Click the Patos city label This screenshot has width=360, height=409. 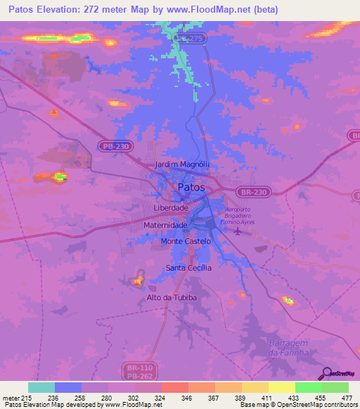[191, 188]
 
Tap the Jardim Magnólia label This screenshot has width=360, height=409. [182, 164]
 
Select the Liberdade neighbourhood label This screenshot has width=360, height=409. [170, 209]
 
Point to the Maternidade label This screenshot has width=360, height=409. [165, 225]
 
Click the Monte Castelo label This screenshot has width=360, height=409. [186, 241]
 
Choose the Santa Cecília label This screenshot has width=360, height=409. [188, 268]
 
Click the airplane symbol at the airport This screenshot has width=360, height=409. [236, 232]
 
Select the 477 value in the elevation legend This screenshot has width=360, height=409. [347, 397]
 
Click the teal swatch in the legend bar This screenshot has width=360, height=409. [41, 387]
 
